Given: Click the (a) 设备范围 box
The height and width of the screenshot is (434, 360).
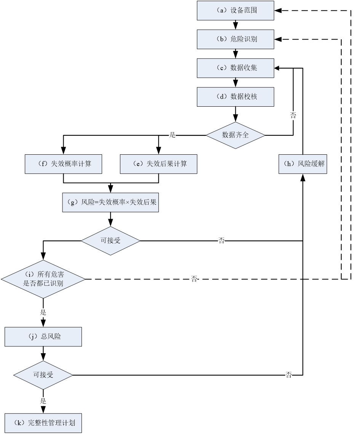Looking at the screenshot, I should coord(235,10).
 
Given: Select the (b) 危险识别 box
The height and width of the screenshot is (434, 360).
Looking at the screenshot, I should coord(235,39).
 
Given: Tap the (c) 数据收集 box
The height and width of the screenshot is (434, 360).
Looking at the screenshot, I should coord(235,68).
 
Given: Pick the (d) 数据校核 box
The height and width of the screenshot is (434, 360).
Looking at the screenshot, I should coord(235,97).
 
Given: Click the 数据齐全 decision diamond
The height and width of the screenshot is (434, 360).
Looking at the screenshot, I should coord(235,135).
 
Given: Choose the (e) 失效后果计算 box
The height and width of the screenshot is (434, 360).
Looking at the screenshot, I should coord(158,164).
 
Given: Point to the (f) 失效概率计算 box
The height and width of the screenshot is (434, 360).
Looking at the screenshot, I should coord(63,164).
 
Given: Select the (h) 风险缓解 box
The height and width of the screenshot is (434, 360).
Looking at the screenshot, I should coord(302,164).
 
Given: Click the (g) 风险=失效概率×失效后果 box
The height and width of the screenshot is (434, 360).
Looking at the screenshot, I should coord(110,202).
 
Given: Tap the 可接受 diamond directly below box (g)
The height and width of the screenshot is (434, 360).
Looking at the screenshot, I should coord(110,241).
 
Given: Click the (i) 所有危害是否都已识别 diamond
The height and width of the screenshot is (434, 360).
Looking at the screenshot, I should coord(43,279).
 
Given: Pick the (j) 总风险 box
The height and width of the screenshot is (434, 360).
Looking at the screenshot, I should coord(43,337).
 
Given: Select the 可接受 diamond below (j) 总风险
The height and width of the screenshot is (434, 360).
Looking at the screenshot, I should coord(43,375).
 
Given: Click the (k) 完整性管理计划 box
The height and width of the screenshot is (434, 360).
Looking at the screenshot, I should coord(43,423).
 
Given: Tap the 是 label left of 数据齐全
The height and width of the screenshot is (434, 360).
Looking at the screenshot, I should coord(173,135).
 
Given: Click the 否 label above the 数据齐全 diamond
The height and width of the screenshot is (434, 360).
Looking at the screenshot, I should coord(293,116).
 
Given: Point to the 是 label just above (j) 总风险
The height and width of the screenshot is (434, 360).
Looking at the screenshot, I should coord(43,313).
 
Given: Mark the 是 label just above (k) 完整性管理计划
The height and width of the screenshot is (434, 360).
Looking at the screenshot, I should coord(43,401).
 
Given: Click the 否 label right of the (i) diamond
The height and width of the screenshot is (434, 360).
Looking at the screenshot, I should coord(194,279).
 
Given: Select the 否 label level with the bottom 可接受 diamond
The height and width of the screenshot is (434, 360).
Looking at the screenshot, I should coord(288,375).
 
